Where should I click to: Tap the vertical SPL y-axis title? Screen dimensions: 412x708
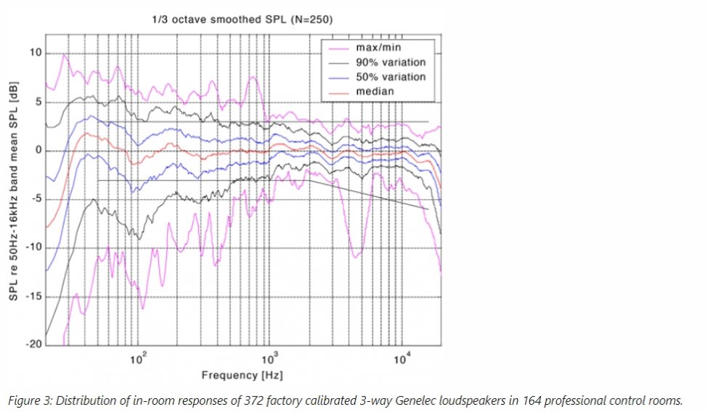click(x=13, y=199)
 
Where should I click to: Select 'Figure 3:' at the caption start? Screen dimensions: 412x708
click(x=26, y=399)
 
